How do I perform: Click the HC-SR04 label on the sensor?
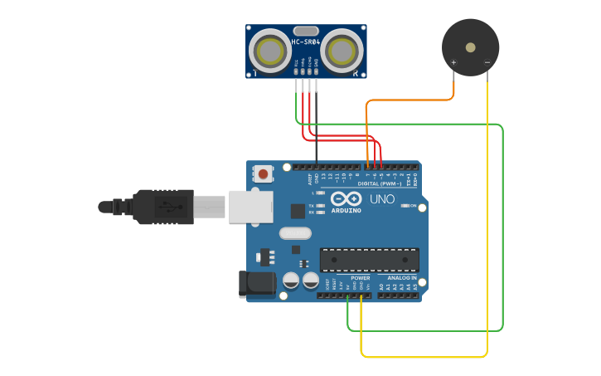pyautogui.click(x=305, y=42)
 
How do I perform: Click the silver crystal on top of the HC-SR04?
pyautogui.click(x=305, y=30)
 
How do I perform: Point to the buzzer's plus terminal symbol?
pyautogui.click(x=453, y=62)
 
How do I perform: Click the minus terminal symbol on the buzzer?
pyautogui.click(x=487, y=62)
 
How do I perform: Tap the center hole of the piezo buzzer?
pyautogui.click(x=470, y=46)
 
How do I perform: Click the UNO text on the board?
pyautogui.click(x=381, y=199)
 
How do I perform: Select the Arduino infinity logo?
pyautogui.click(x=345, y=198)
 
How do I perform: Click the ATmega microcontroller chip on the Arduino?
pyautogui.click(x=369, y=259)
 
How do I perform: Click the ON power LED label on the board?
pyautogui.click(x=412, y=205)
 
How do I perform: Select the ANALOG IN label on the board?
pyautogui.click(x=402, y=278)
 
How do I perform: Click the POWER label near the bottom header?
pyautogui.click(x=348, y=278)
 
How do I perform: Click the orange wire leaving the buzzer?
pyautogui.click(x=414, y=100)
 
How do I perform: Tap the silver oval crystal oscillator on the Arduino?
pyautogui.click(x=295, y=233)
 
